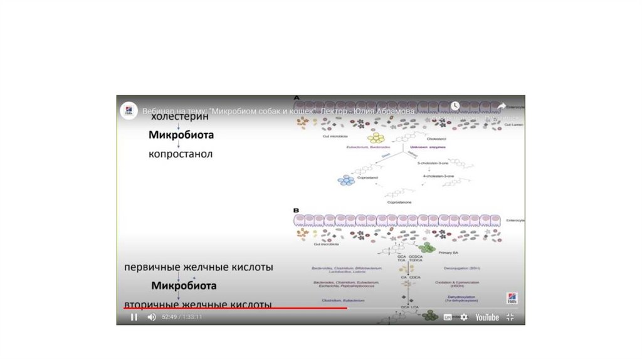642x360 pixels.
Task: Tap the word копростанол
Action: click(x=181, y=153)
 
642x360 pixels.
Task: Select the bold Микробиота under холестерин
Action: click(x=181, y=135)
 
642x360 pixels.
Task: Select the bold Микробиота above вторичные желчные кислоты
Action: click(x=184, y=286)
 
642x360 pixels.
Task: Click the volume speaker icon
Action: click(x=151, y=317)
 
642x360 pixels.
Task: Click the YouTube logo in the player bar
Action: click(x=487, y=317)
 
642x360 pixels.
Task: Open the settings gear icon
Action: click(x=464, y=317)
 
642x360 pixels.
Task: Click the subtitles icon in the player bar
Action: click(x=448, y=317)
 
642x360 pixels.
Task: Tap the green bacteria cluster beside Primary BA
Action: click(x=429, y=248)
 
